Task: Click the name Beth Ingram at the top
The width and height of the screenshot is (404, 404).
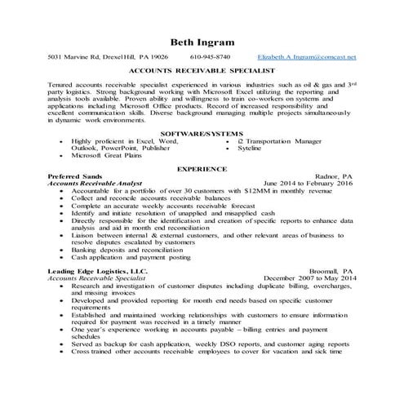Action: point(201,42)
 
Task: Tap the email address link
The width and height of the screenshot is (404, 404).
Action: point(310,58)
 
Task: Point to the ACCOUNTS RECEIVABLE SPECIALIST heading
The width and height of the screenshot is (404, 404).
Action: point(201,71)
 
